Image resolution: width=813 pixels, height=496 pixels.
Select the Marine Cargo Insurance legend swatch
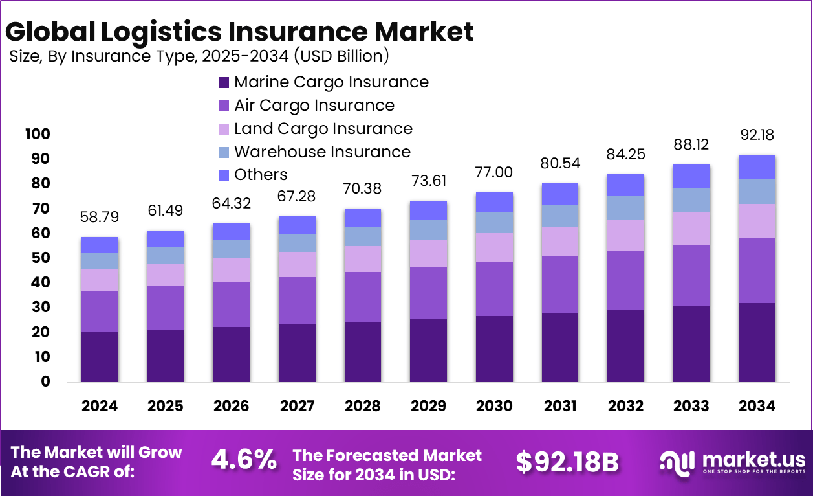tap(224, 83)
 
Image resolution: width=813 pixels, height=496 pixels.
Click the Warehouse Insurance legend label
tap(322, 152)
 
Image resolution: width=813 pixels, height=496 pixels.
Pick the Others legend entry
tap(261, 175)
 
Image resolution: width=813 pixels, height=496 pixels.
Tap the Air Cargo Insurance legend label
tap(314, 106)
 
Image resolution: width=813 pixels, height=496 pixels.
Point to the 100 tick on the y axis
tap(38, 134)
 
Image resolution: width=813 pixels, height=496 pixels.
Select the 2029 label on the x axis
tap(429, 406)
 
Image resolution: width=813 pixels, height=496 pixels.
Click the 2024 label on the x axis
tap(100, 406)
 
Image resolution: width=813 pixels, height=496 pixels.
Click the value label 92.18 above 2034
tap(757, 135)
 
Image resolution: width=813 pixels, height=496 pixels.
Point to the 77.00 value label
tap(495, 172)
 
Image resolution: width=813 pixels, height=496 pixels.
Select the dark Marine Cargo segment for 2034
tap(757, 343)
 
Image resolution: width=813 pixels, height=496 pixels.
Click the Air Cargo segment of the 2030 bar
tap(495, 289)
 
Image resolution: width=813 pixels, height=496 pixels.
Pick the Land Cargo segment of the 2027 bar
tap(297, 264)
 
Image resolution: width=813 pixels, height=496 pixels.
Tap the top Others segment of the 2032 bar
tap(626, 185)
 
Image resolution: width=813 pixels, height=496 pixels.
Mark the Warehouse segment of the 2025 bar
tap(166, 255)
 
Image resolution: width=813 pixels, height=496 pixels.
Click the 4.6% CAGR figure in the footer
tap(244, 460)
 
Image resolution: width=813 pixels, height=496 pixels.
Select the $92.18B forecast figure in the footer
tap(567, 462)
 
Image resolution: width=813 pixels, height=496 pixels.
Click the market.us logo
tap(732, 462)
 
